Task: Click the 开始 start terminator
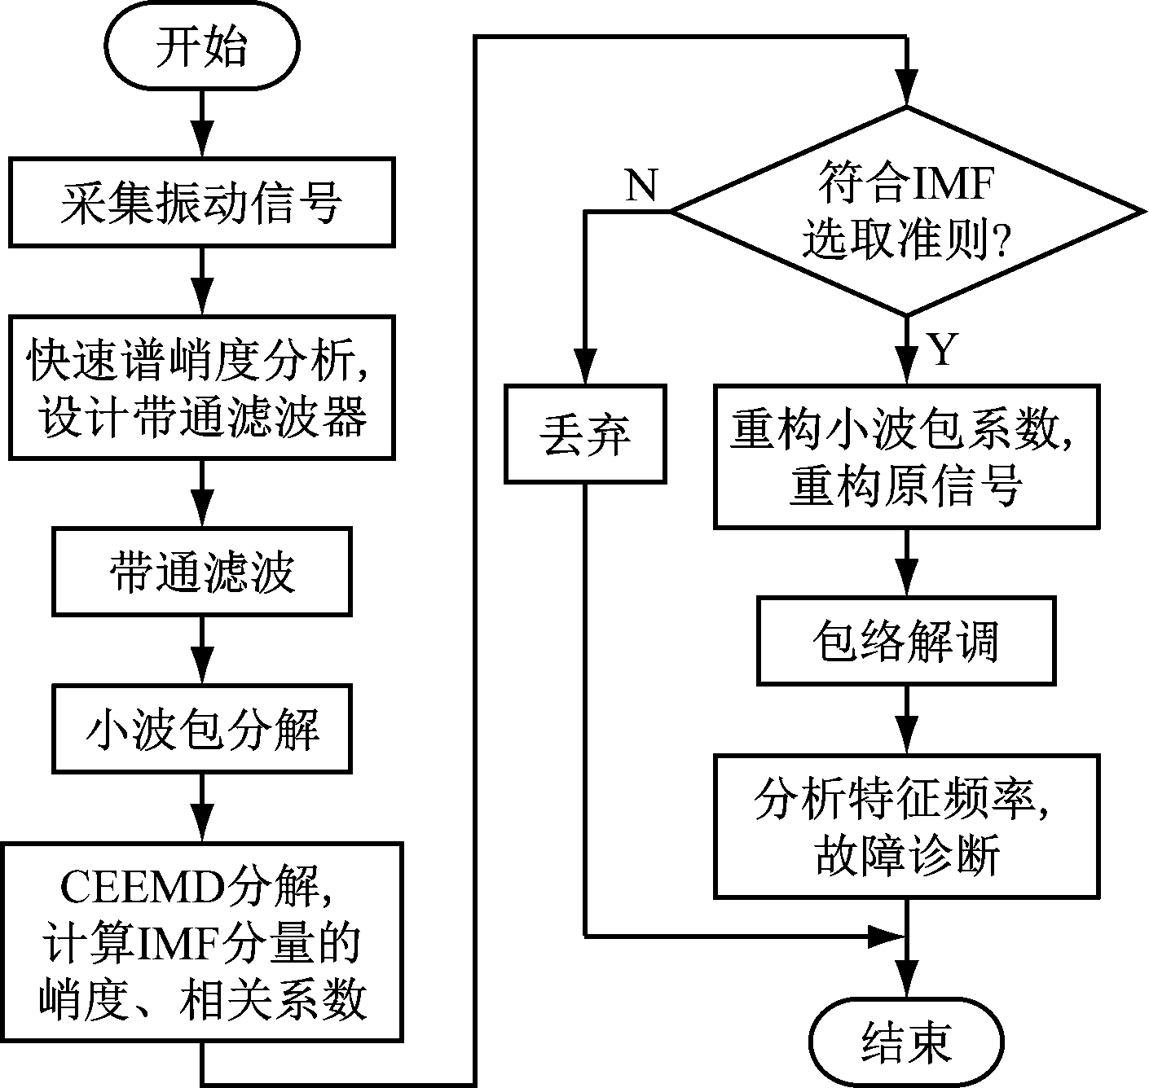[201, 47]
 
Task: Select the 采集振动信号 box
[201, 201]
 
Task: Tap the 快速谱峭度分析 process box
[201, 388]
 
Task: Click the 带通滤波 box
[201, 570]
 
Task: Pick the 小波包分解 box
[201, 728]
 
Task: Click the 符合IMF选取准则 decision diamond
[906, 212]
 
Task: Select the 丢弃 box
[584, 433]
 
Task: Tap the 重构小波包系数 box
[906, 456]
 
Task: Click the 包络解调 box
[906, 641]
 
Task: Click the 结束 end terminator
[906, 1042]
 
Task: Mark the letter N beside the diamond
[641, 186]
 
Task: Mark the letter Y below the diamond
[941, 350]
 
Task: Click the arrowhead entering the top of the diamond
[906, 88]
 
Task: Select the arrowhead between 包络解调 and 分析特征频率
[906, 736]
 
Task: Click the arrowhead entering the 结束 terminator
[906, 995]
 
